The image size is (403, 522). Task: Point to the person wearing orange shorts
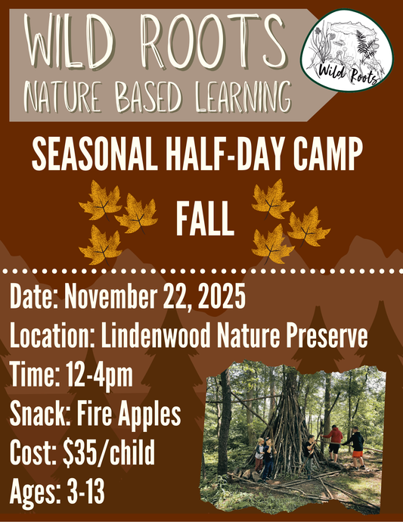356,446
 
